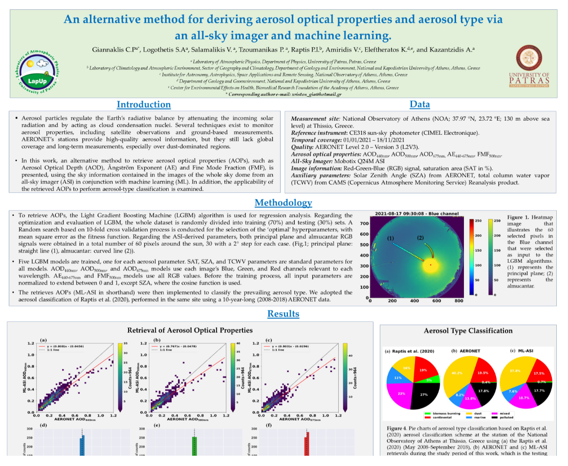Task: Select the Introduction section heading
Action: coord(144,105)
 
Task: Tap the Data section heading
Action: coord(419,105)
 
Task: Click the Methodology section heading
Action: coord(283,203)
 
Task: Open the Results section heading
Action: coord(283,314)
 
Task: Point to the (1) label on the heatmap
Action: coord(391,238)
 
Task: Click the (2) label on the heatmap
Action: coord(420,237)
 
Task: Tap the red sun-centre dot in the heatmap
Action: coord(430,264)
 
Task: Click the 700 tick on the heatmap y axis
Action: coord(364,223)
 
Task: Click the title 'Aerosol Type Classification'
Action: coord(468,331)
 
